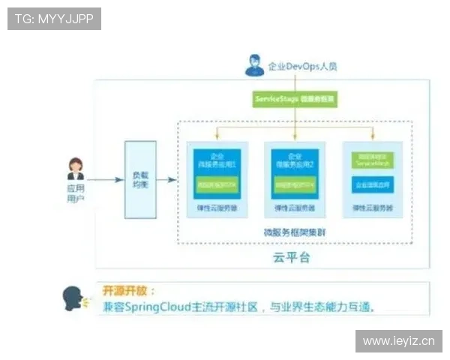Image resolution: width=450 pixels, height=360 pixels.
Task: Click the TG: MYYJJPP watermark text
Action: [54, 18]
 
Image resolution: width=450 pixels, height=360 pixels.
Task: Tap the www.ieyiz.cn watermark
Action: [398, 341]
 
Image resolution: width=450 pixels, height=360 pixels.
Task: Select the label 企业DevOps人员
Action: [302, 66]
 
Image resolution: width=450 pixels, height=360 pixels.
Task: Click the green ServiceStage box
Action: [295, 98]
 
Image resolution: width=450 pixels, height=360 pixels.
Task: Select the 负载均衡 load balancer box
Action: [140, 179]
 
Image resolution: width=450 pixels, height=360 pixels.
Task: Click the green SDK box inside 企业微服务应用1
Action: [217, 183]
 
